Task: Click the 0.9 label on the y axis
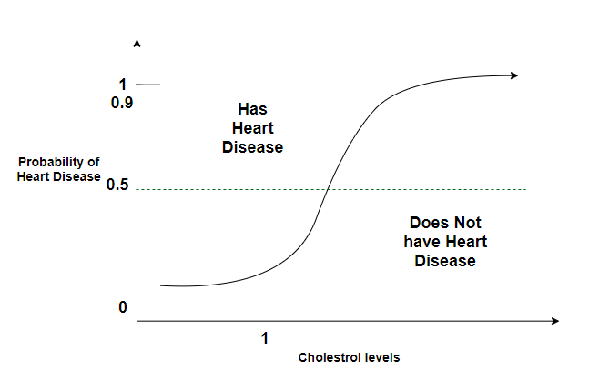pyautogui.click(x=122, y=104)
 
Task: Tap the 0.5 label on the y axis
pyautogui.click(x=119, y=185)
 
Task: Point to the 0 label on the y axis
pyautogui.click(x=122, y=307)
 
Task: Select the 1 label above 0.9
pyautogui.click(x=122, y=85)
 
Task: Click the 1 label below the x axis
pyautogui.click(x=265, y=337)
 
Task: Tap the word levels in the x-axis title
pyautogui.click(x=382, y=357)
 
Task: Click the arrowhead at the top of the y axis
pyautogui.click(x=137, y=44)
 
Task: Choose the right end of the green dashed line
pyautogui.click(x=525, y=189)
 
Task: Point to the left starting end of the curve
pyautogui.click(x=162, y=285)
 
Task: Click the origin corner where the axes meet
pyautogui.click(x=137, y=320)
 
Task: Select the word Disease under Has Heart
pyautogui.click(x=252, y=147)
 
